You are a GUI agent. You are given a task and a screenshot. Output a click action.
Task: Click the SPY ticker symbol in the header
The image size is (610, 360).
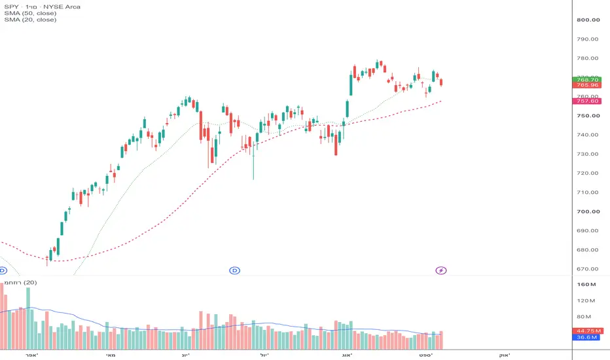coord(11,7)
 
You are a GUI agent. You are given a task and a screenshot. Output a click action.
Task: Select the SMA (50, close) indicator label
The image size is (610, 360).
coord(30,13)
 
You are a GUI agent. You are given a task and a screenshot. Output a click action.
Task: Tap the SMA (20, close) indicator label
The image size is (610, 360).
coord(30,20)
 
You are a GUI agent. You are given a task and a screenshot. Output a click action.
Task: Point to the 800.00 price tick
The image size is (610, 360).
coord(588,20)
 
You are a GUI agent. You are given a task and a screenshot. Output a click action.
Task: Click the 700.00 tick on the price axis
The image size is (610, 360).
coord(588,211)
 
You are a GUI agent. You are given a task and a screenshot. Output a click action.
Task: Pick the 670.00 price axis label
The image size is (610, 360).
coord(588,269)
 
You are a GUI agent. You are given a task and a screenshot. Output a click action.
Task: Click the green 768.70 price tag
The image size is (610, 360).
coord(587,80)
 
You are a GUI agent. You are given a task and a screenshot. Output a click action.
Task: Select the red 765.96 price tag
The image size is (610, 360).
coord(587,85)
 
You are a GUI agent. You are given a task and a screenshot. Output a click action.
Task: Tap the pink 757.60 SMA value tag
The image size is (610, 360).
coord(587,101)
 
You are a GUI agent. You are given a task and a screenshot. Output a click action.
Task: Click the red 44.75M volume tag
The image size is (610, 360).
coord(587,331)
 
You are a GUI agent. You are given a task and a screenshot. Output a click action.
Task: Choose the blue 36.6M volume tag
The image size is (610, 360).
coord(586,338)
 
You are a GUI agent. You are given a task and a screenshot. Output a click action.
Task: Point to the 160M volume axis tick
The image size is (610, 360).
coord(586,285)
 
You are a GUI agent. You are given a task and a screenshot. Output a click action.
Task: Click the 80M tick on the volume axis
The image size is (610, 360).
coord(584,317)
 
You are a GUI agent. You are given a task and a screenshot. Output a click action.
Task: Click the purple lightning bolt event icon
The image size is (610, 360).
coord(440,270)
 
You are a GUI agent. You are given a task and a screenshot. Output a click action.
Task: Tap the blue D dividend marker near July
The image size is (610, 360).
coord(234,270)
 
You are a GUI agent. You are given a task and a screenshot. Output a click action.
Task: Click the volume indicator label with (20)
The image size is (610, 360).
coord(21,283)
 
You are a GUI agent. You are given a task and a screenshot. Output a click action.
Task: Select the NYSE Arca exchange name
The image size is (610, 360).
coord(62,7)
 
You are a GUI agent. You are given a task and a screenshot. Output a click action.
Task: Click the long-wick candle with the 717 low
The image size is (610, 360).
coord(254,160)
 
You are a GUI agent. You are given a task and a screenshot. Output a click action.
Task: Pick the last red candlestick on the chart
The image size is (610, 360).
coord(441,82)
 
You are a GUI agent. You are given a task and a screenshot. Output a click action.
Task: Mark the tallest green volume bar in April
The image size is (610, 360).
coord(28,318)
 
